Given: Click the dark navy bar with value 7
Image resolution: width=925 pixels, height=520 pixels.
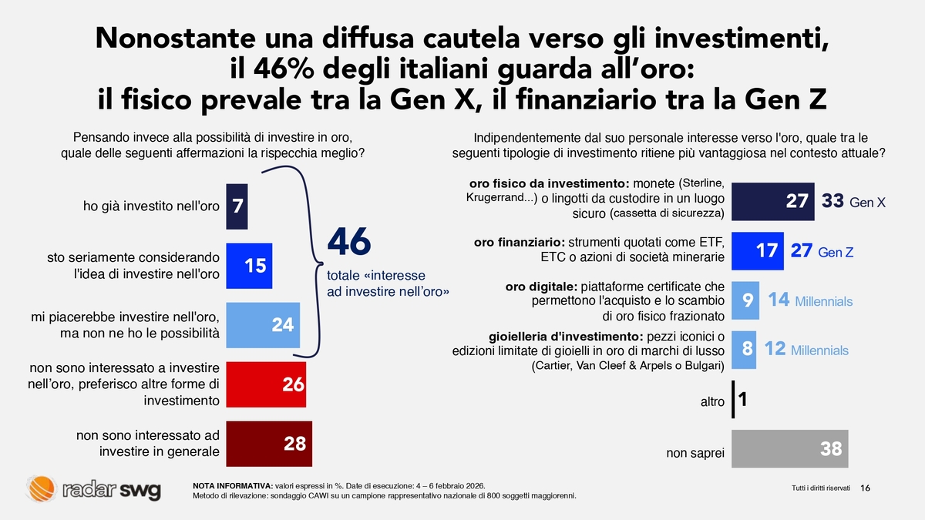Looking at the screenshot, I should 237,206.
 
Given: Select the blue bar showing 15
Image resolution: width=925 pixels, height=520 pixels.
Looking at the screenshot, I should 248,266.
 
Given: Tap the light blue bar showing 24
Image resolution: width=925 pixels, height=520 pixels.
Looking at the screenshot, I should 263,324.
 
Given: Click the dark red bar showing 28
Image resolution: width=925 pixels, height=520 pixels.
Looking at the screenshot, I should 269,443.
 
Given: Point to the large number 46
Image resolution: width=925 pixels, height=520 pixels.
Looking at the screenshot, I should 349,243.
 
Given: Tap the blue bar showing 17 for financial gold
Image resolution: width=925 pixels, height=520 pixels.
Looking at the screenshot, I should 757,251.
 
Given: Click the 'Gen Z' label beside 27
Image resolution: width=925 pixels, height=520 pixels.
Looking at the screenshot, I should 835,253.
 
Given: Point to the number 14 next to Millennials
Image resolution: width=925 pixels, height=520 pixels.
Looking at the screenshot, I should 779,300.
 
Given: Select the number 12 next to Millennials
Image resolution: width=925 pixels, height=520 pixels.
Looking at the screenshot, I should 775,349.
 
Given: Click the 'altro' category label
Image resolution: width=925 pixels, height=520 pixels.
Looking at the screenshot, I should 711,402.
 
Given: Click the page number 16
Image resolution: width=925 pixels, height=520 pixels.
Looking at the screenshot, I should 865,488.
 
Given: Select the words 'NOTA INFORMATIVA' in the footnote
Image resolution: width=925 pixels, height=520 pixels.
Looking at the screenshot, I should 232,485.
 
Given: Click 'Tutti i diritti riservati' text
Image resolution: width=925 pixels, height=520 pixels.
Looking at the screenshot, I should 820,489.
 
